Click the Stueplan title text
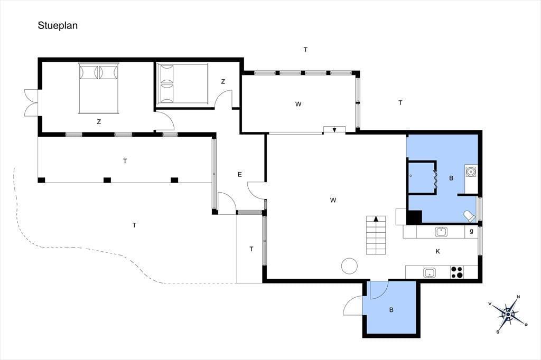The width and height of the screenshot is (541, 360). pyautogui.click(x=58, y=26)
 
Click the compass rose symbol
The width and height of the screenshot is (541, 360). pyautogui.click(x=508, y=314)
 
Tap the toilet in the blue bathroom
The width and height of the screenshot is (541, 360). pyautogui.click(x=469, y=216)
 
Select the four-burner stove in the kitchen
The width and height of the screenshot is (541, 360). pyautogui.click(x=457, y=272)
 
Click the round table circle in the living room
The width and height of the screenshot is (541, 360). pyautogui.click(x=349, y=266)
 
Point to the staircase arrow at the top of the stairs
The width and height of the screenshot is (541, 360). pyautogui.click(x=376, y=219)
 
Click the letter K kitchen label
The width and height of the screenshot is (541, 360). pyautogui.click(x=437, y=251)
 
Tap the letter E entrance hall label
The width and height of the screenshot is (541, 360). pyautogui.click(x=240, y=175)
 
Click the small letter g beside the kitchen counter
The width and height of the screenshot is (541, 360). pyautogui.click(x=471, y=231)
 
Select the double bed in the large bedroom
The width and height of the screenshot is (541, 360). pyautogui.click(x=99, y=88)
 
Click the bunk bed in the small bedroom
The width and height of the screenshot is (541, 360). pyautogui.click(x=182, y=83)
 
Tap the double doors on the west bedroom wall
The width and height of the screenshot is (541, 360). pyautogui.click(x=31, y=102)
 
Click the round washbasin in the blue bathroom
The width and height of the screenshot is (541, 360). pyautogui.click(x=471, y=170)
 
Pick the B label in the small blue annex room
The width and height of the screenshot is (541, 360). pyautogui.click(x=391, y=310)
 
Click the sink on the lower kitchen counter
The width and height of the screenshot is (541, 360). pyautogui.click(x=429, y=273)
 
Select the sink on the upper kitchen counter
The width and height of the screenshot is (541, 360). pyautogui.click(x=441, y=232)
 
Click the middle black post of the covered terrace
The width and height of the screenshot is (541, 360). pyautogui.click(x=107, y=179)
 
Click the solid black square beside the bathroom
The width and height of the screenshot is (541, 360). pyautogui.click(x=414, y=217)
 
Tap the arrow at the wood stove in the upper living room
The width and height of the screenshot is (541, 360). pyautogui.click(x=334, y=130)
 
